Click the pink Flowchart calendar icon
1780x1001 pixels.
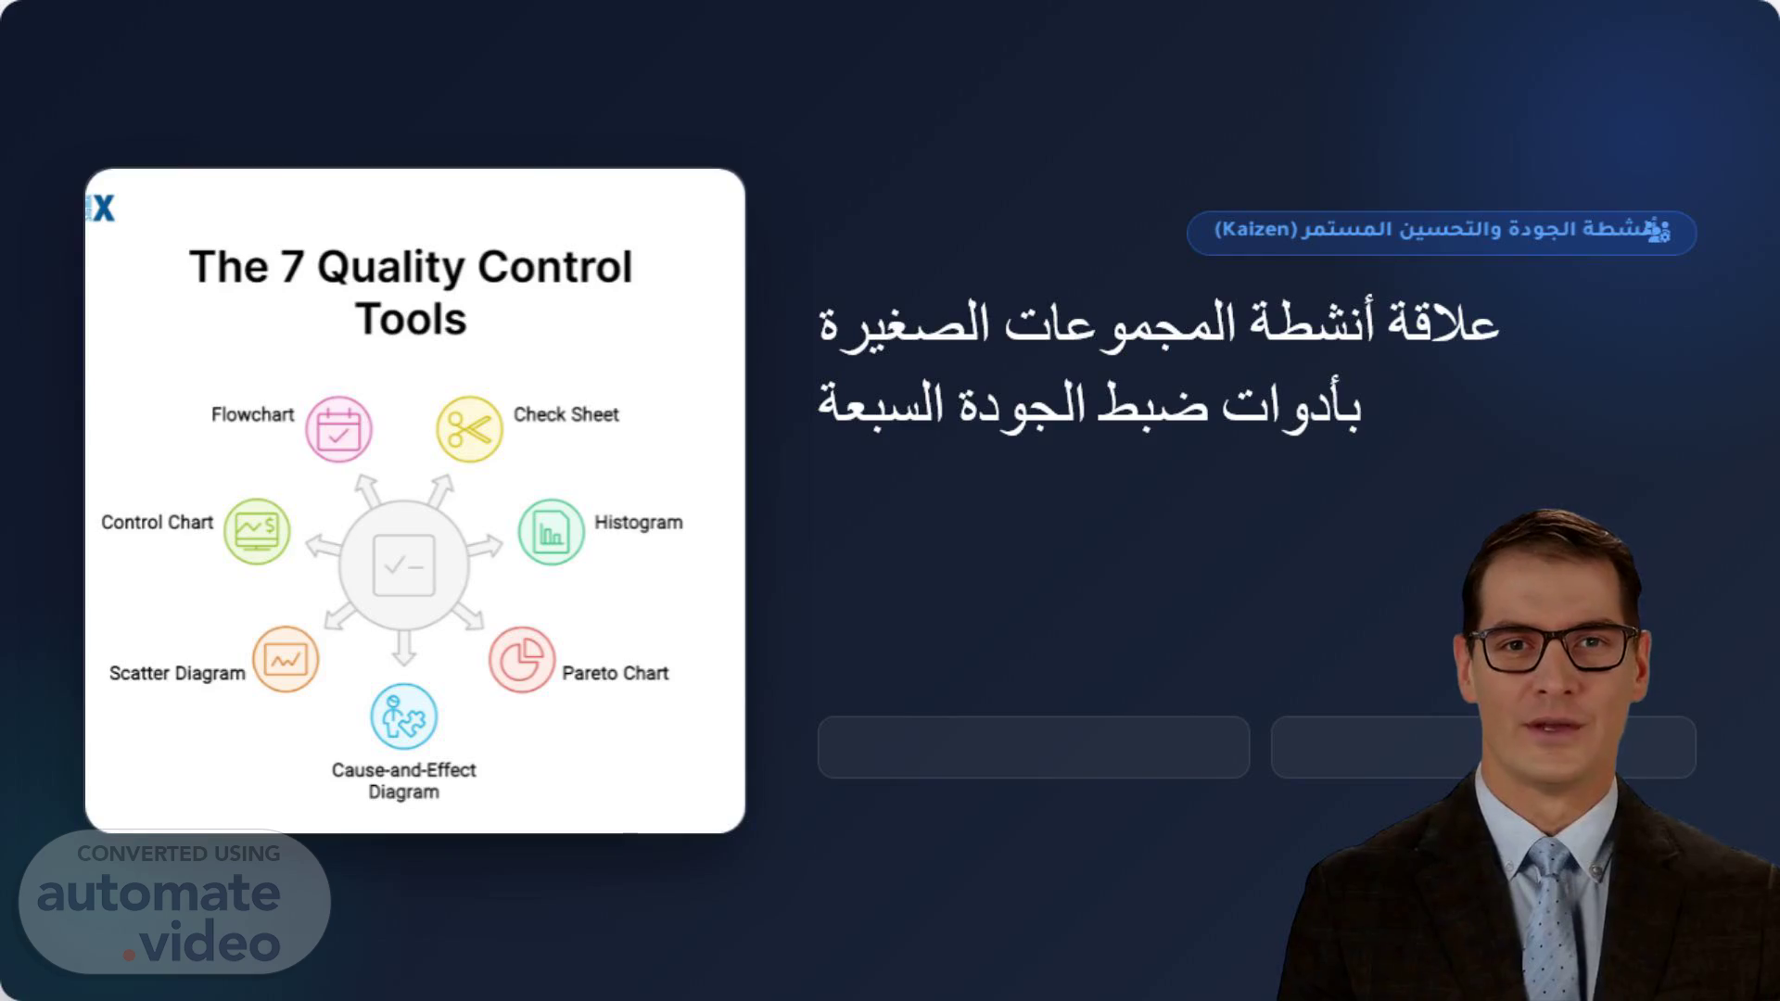pos(339,429)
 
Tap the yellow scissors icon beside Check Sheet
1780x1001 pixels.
pos(469,429)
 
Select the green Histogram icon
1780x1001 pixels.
pos(551,532)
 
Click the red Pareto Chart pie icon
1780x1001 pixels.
pos(522,660)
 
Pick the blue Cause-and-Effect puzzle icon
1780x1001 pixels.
pos(404,716)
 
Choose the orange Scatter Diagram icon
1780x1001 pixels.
pos(286,659)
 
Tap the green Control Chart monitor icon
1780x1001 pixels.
pos(257,531)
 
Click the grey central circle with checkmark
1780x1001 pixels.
pos(404,565)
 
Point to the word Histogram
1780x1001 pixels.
pos(639,523)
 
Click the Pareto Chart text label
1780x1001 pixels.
pos(616,674)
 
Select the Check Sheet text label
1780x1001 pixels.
pos(566,414)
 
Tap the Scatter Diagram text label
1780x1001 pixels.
pos(177,674)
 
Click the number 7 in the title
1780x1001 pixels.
pos(292,268)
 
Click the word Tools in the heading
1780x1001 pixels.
pos(411,319)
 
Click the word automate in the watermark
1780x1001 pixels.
pos(159,893)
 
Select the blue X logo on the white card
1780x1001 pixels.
pos(102,209)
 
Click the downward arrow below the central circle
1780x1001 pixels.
pos(403,647)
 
